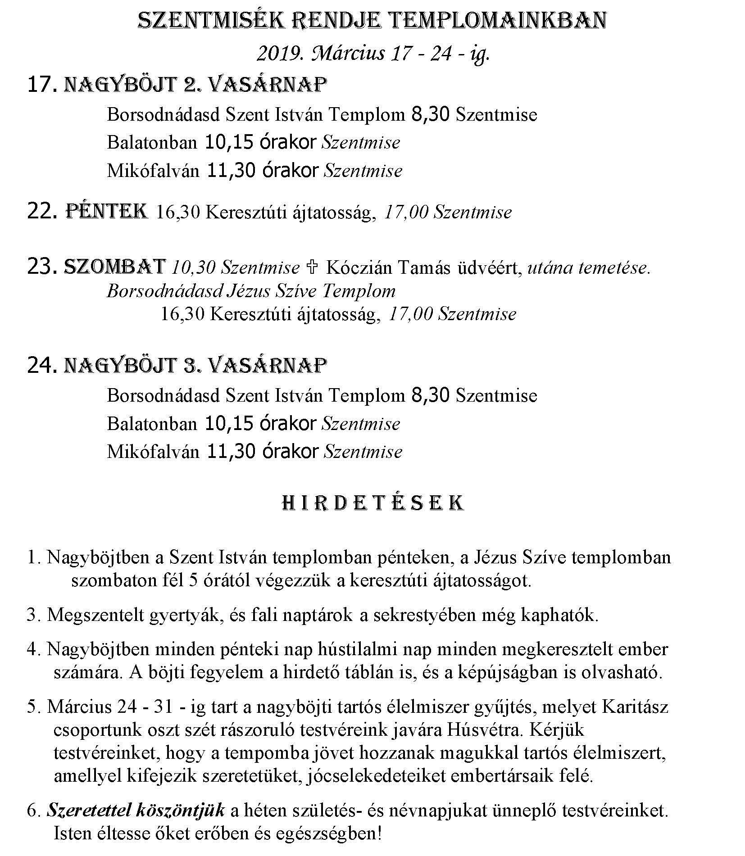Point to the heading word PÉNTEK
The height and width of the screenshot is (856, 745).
(107, 211)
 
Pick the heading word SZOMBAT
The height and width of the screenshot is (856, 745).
(115, 267)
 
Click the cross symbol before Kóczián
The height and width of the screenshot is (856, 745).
(312, 267)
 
